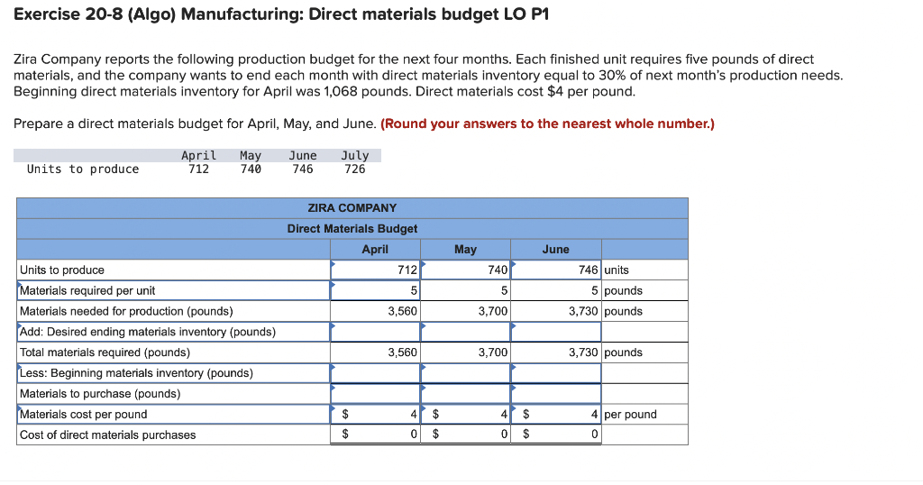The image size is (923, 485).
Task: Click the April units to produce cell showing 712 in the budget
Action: click(x=377, y=270)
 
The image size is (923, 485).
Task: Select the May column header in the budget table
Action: click(x=465, y=249)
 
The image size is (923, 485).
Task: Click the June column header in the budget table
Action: click(x=555, y=249)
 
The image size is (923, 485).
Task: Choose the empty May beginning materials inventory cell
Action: click(x=466, y=373)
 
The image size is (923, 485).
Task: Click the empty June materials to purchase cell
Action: click(x=556, y=394)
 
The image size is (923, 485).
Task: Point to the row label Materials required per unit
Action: click(x=87, y=290)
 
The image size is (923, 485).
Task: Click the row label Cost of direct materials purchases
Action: click(x=107, y=435)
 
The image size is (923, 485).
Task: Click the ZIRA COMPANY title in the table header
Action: click(x=352, y=208)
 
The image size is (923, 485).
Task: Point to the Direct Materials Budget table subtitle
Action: click(x=352, y=229)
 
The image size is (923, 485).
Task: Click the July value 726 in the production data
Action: click(x=355, y=169)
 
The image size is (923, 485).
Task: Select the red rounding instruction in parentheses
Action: click(x=547, y=124)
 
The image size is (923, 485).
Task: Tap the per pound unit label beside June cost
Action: click(x=630, y=415)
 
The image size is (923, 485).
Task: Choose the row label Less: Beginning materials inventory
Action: click(x=136, y=373)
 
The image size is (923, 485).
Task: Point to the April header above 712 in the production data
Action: click(x=198, y=156)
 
